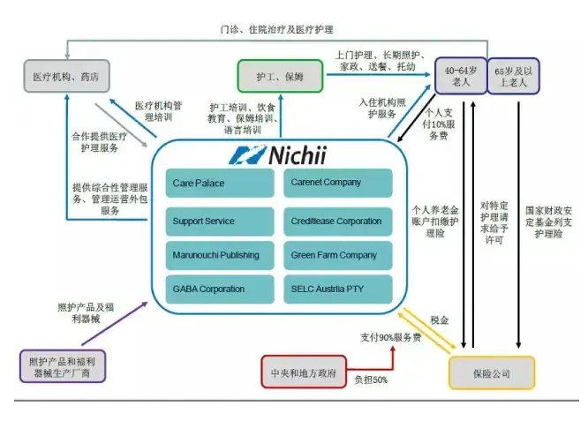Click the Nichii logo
click(x=280, y=155)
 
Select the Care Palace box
click(x=220, y=184)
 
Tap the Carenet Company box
click(x=337, y=184)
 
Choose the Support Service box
click(x=220, y=221)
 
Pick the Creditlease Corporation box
click(x=337, y=221)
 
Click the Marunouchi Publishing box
click(x=220, y=256)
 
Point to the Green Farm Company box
click(x=337, y=256)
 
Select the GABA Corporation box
click(x=220, y=289)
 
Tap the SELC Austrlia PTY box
click(x=337, y=289)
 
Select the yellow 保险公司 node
click(x=491, y=373)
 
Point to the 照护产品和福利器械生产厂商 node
click(x=63, y=365)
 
